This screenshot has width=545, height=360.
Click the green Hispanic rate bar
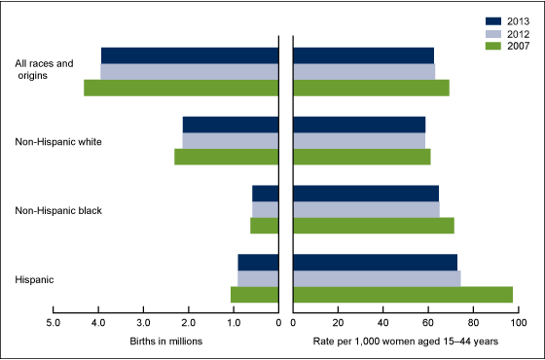[x=403, y=295]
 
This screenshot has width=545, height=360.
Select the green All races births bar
[x=182, y=88]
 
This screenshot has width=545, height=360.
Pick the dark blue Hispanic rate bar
[x=375, y=263]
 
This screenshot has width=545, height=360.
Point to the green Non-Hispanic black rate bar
[x=374, y=226]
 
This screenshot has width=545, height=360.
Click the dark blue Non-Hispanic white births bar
[x=231, y=125]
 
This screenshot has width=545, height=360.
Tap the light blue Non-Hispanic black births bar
[x=266, y=209]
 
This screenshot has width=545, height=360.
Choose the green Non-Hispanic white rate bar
[x=361, y=157]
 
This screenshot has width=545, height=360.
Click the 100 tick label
[x=518, y=323]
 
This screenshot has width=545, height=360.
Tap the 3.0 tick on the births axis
[x=144, y=323]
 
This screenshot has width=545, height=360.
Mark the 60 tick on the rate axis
[x=428, y=323]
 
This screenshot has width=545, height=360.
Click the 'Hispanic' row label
[x=34, y=279]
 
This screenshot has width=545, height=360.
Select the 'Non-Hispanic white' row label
[x=58, y=141]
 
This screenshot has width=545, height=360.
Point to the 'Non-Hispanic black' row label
[x=58, y=210]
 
